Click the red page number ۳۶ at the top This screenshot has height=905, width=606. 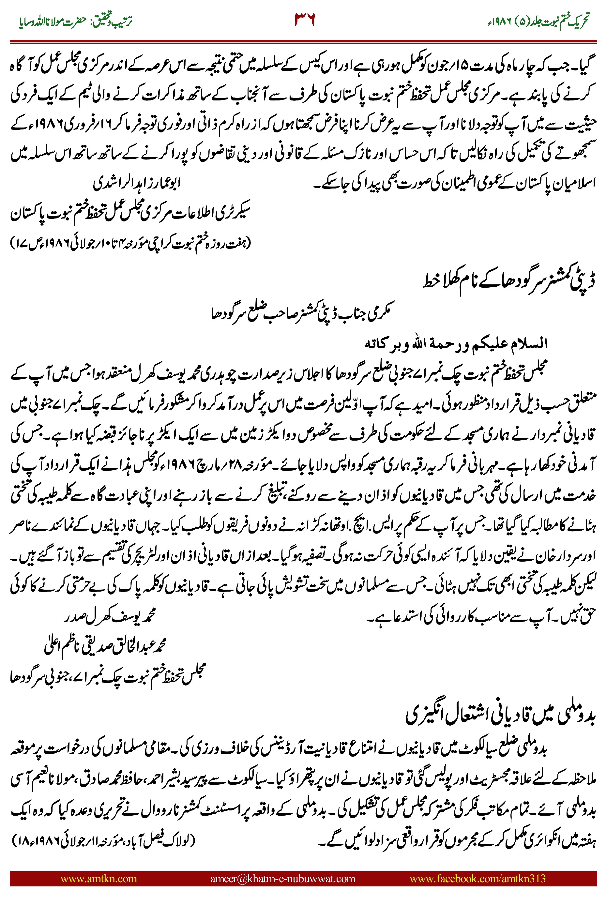[x=305, y=19]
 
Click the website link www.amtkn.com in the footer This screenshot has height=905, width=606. [x=98, y=878]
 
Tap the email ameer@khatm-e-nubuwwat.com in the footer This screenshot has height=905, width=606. [x=282, y=878]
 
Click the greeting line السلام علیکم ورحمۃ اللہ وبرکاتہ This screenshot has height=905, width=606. [x=456, y=343]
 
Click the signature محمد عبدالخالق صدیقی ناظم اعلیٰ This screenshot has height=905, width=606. [x=105, y=646]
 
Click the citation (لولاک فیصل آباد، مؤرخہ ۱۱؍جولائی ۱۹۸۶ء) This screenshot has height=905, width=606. [x=104, y=840]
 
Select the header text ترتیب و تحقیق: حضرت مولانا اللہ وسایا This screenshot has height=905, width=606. [x=75, y=21]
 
